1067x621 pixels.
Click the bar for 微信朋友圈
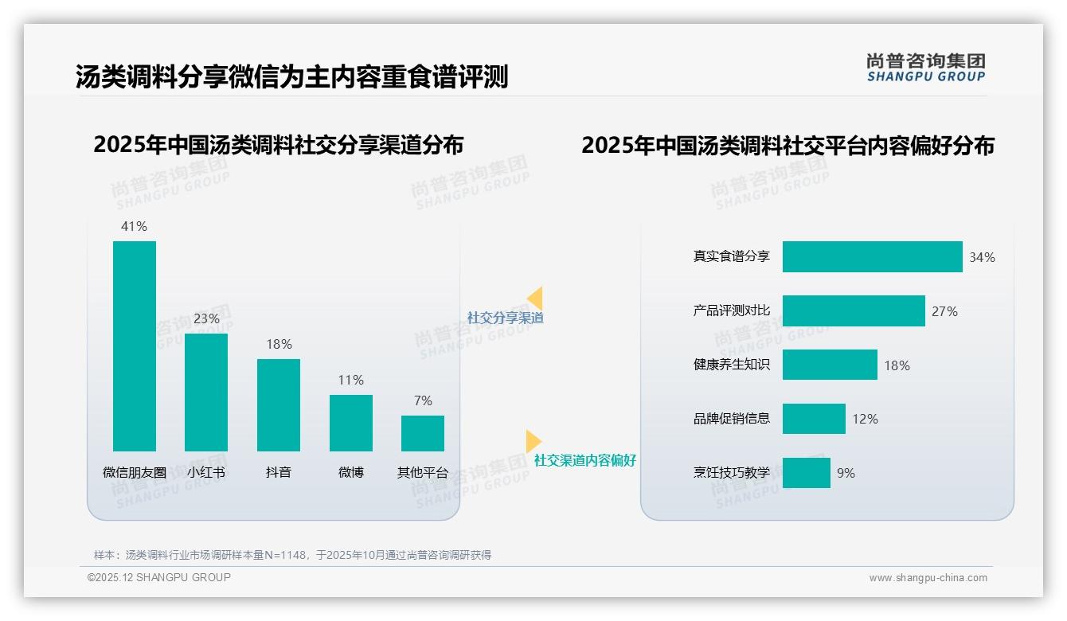tap(135, 346)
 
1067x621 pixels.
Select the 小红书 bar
tap(206, 393)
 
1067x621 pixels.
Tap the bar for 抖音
tap(279, 405)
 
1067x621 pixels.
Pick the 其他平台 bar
tap(423, 433)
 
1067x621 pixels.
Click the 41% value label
tap(134, 227)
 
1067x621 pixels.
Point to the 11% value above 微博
tap(350, 381)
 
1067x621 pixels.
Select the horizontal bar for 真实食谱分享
tap(872, 257)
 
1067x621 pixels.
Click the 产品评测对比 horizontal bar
tap(854, 311)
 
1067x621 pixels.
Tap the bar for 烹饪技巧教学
tap(806, 473)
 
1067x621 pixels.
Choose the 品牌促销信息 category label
tap(732, 419)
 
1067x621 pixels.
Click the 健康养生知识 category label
tap(732, 365)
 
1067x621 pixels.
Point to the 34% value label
tap(982, 258)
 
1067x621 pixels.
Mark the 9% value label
tap(846, 473)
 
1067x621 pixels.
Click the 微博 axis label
tap(350, 472)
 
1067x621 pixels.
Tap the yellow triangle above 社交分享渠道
tap(535, 299)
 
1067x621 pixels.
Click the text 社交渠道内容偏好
tap(584, 461)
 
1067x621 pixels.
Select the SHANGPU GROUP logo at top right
tap(925, 68)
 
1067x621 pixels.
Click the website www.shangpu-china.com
tap(928, 578)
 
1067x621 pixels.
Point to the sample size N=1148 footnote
tap(292, 555)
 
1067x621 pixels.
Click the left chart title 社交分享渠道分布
tap(278, 146)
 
